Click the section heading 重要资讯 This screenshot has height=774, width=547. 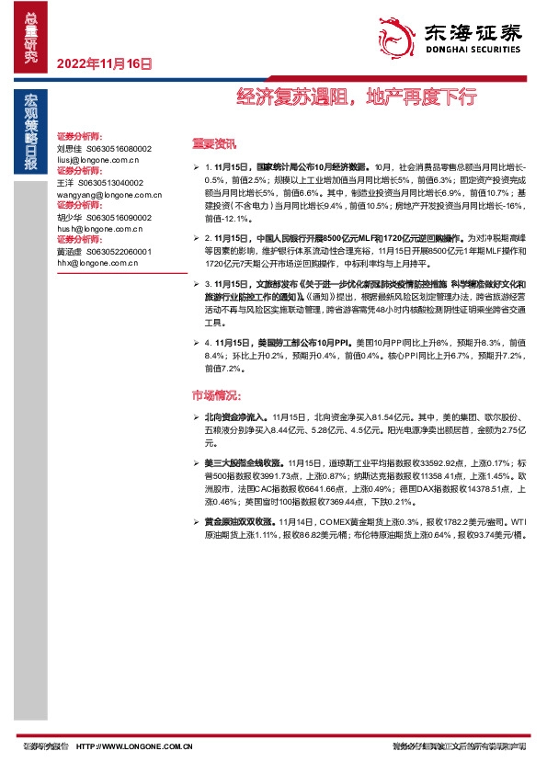point(213,143)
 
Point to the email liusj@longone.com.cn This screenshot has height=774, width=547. point(97,158)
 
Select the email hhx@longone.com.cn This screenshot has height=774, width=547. point(95,262)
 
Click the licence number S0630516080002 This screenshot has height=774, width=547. point(120,147)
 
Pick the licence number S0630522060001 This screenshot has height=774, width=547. point(120,251)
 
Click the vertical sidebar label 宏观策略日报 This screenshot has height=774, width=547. point(30,131)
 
